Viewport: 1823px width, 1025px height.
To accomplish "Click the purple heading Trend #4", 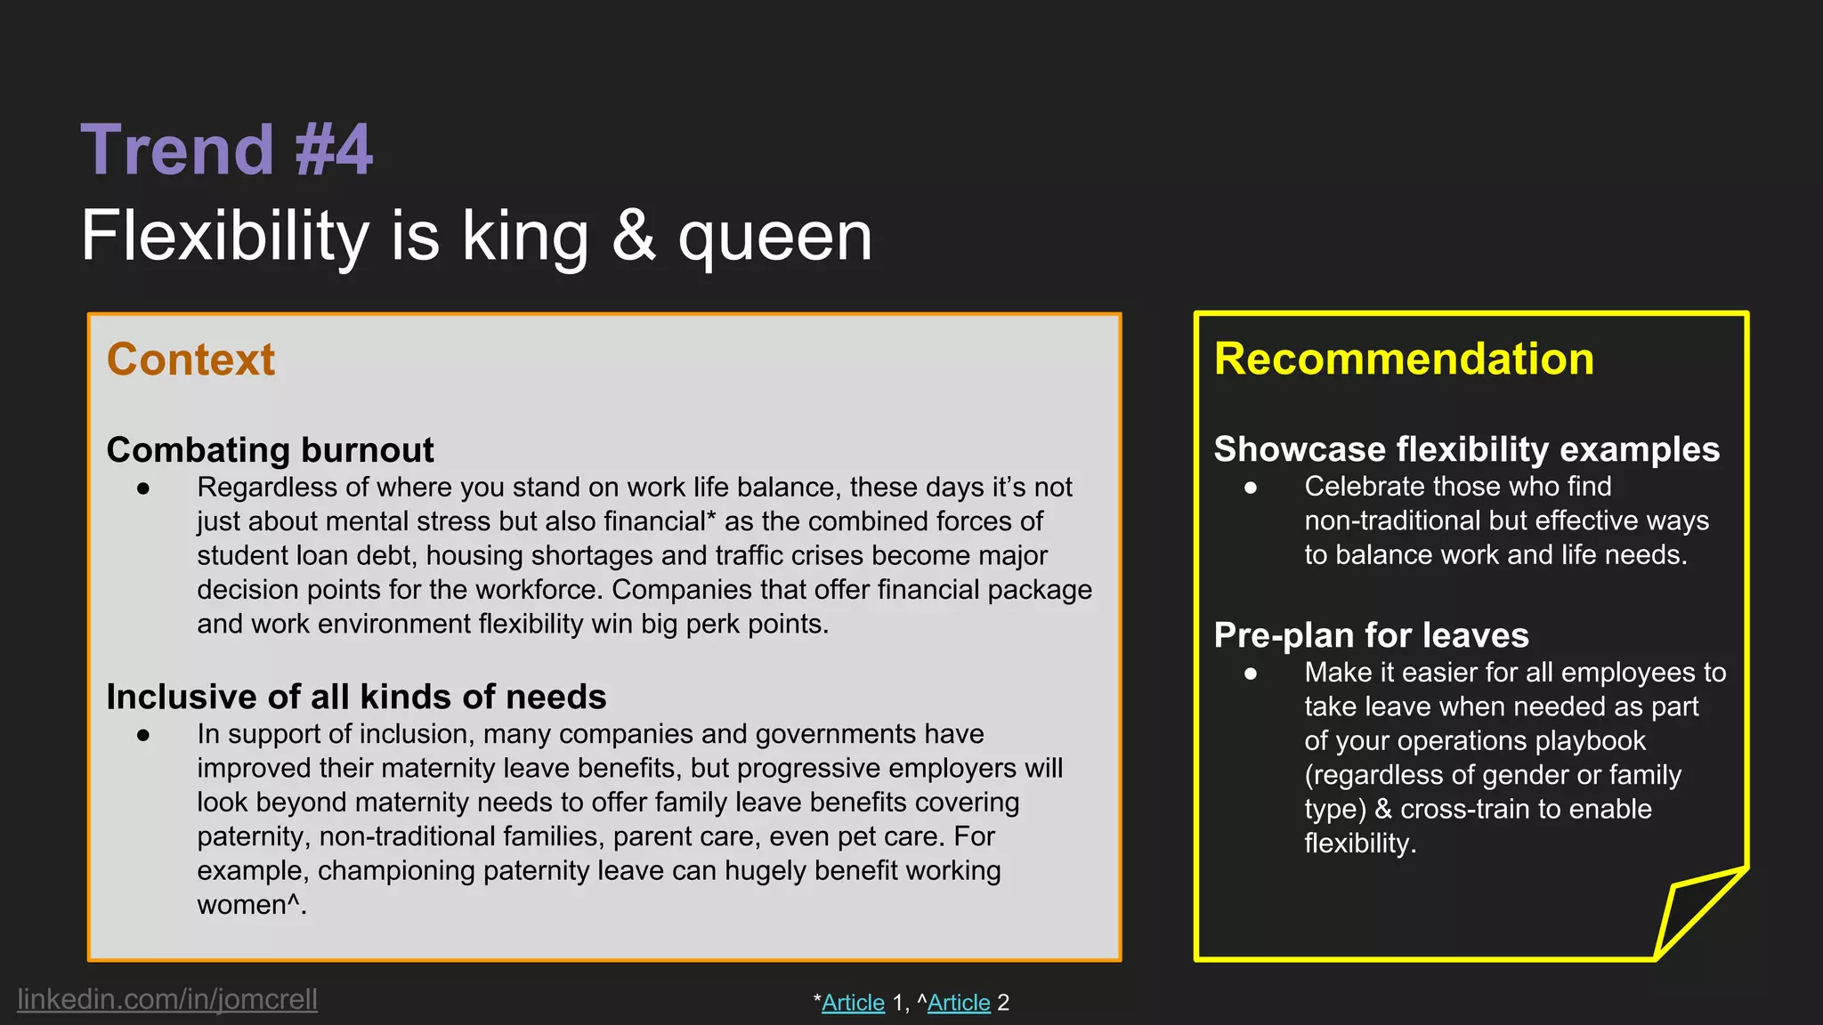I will [227, 149].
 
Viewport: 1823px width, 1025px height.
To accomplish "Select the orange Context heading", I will [190, 359].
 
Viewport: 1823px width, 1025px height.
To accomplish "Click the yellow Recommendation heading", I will [1404, 359].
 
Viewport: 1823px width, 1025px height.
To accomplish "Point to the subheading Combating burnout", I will [270, 450].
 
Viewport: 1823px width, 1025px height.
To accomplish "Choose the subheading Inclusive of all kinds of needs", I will [356, 697].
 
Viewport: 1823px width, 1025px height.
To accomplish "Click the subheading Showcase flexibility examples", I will [1466, 449].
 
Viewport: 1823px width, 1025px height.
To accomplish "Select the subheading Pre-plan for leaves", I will [1371, 635].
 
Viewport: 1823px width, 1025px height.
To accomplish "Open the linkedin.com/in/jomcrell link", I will [167, 999].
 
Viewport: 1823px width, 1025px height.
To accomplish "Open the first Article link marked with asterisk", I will [853, 1003].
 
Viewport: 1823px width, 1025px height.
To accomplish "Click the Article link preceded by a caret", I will [959, 1003].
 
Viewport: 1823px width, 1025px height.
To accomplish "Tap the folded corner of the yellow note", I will [1696, 912].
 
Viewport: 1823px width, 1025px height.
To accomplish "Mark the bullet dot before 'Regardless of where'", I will [143, 488].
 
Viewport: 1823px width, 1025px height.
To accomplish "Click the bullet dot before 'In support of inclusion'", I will [143, 734].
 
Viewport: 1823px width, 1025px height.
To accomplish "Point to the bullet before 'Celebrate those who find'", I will [1251, 487].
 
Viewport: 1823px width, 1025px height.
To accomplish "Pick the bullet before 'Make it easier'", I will [1251, 673].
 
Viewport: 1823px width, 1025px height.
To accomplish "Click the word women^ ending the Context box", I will [250, 905].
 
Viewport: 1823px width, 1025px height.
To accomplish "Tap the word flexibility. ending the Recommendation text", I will [1359, 843].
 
